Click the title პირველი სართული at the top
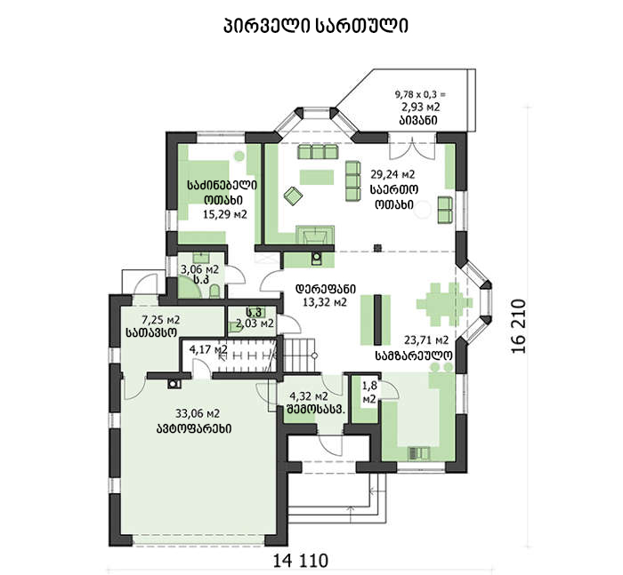(316, 26)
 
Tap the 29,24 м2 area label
(392, 174)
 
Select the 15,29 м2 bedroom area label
(225, 215)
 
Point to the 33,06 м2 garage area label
(198, 414)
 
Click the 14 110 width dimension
(301, 561)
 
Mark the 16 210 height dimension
(519, 326)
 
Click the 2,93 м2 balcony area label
(420, 108)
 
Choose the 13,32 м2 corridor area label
(325, 302)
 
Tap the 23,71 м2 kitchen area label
(426, 340)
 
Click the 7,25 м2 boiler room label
(161, 319)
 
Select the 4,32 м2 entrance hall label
(309, 396)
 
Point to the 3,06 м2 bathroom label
(200, 270)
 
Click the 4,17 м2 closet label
(208, 349)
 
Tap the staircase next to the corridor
(300, 355)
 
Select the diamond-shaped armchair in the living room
(293, 196)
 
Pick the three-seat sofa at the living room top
(318, 152)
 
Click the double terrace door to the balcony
(412, 148)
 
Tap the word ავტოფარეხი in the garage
(194, 428)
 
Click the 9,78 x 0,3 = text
(420, 94)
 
